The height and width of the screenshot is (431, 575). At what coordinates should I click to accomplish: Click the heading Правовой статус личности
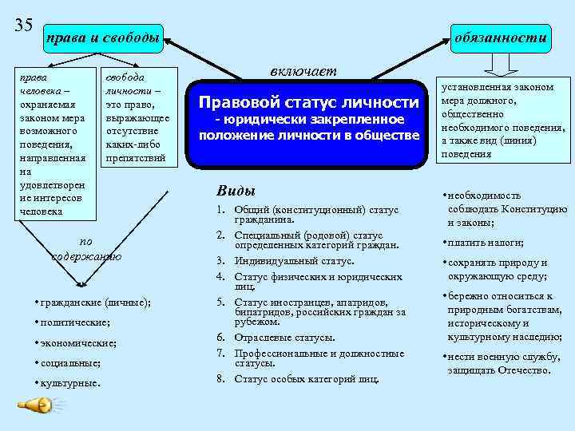[x=308, y=102]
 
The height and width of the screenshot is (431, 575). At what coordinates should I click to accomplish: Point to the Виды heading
[x=236, y=192]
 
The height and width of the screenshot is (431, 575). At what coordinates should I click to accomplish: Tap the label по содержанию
[x=86, y=248]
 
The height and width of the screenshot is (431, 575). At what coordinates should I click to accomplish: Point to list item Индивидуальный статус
[x=293, y=261]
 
